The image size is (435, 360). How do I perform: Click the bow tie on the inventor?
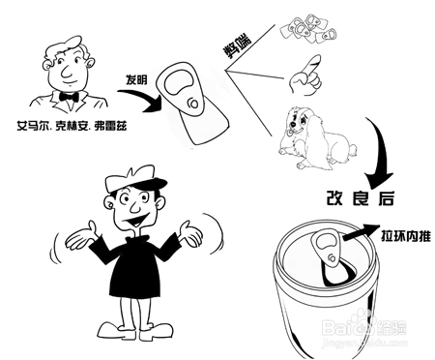click(x=69, y=98)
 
